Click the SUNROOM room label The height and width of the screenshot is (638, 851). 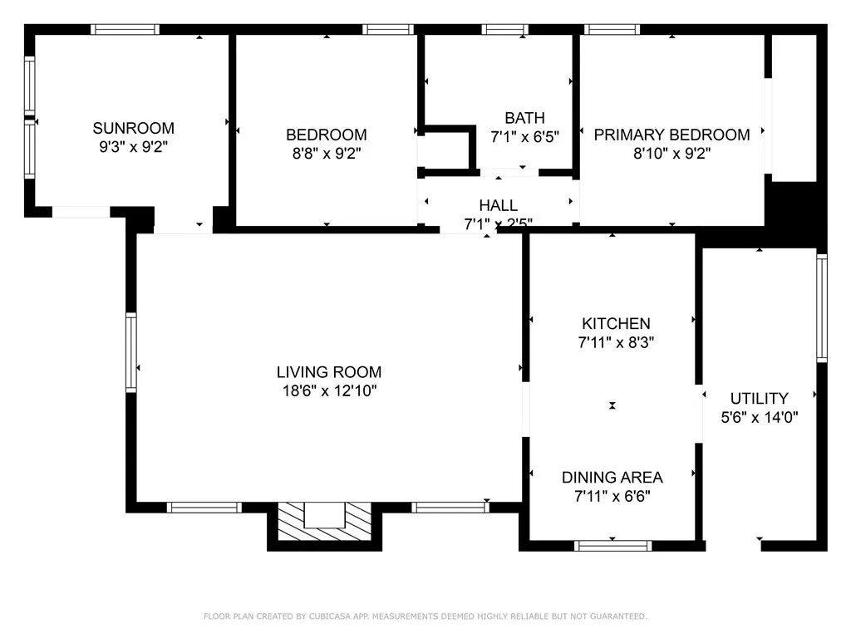tap(133, 128)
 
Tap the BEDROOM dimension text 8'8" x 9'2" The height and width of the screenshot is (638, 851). tap(326, 153)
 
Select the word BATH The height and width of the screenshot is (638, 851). tap(524, 118)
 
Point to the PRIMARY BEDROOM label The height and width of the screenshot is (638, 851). tap(671, 135)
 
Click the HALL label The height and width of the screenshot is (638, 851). tap(498, 205)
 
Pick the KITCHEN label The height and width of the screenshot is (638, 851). tap(615, 324)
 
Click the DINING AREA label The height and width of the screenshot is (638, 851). tap(612, 477)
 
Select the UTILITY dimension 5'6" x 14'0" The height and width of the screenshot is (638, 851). tap(759, 417)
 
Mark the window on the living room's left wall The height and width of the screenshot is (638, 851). tap(131, 351)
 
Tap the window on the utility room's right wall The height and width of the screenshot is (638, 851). tap(821, 307)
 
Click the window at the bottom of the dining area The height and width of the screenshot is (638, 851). tap(612, 545)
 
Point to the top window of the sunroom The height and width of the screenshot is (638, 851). tap(125, 29)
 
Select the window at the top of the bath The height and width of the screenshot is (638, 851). tap(505, 29)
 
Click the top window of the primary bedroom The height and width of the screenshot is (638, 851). tap(612, 29)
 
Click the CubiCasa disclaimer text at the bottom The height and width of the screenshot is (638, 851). tap(425, 616)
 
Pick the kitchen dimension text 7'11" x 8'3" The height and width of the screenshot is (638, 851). tap(615, 341)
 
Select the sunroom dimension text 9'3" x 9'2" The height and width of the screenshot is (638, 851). tap(133, 146)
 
